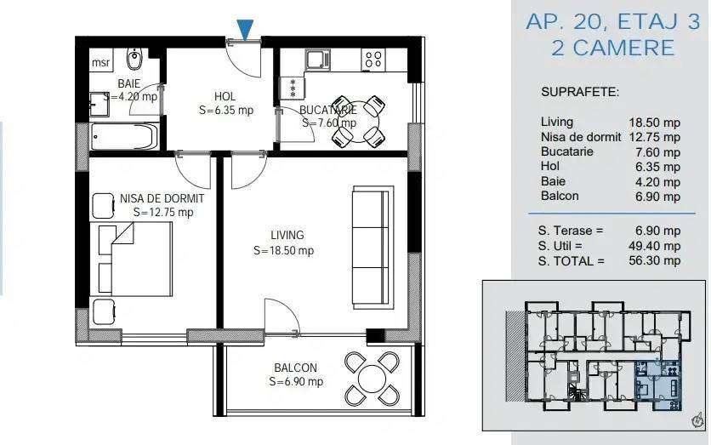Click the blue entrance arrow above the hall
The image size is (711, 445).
point(245,30)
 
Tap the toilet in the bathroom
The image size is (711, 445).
point(133,60)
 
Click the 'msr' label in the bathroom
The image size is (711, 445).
point(100,62)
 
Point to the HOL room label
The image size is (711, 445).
point(225,96)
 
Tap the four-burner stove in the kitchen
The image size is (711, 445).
point(373,59)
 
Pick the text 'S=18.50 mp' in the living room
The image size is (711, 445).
point(284,251)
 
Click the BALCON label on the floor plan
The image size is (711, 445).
point(295,368)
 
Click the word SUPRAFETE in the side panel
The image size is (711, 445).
point(580,91)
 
